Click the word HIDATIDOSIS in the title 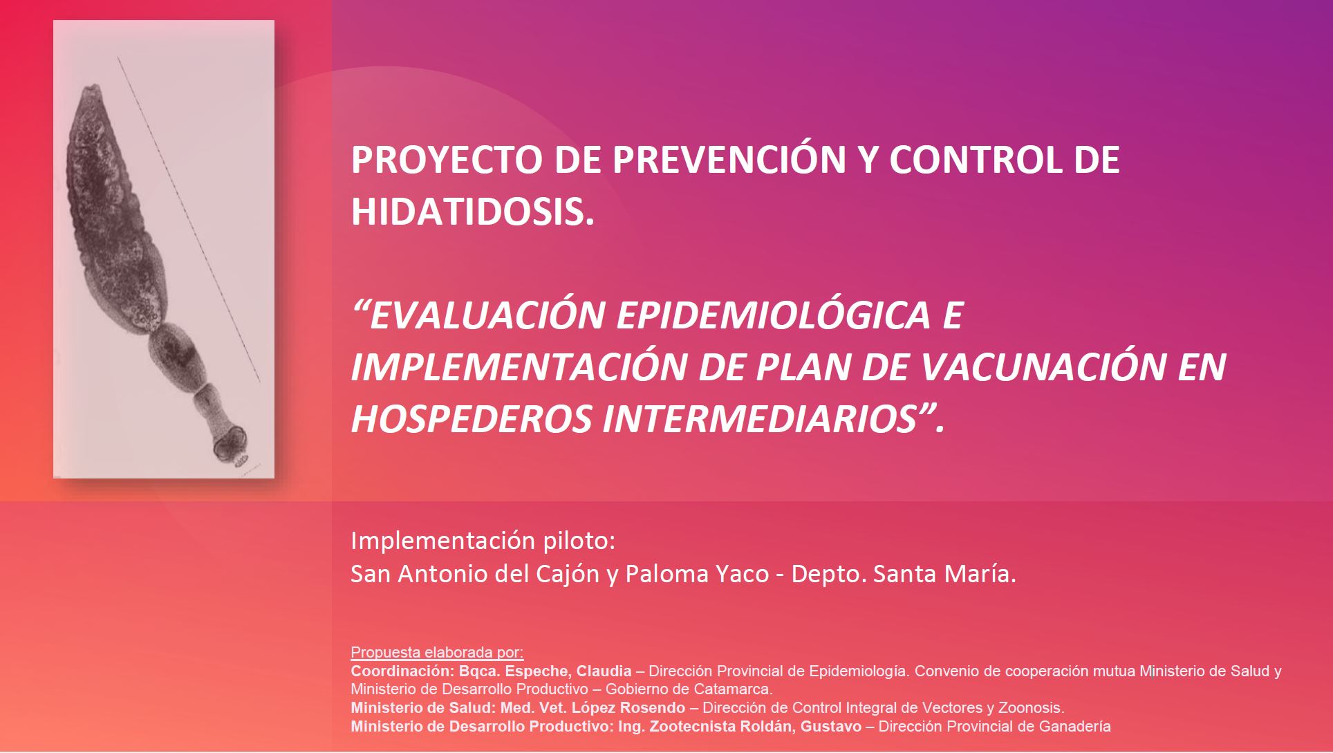(472, 212)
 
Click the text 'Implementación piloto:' (483, 541)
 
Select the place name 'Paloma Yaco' (697, 574)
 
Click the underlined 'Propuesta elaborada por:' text (437, 652)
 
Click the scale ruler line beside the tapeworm (189, 220)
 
